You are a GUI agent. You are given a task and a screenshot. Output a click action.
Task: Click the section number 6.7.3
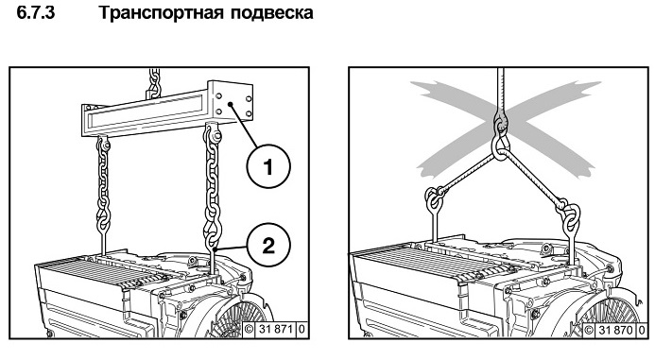[36, 13]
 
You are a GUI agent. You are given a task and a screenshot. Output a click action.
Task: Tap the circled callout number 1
[268, 167]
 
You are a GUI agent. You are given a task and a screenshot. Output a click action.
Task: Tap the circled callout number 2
[268, 245]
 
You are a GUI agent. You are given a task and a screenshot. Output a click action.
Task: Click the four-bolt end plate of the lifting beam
[231, 102]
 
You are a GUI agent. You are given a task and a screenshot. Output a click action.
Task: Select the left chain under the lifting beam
[103, 183]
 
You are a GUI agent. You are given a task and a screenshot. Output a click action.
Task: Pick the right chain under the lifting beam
[213, 183]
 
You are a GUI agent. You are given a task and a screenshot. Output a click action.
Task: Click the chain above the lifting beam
[155, 83]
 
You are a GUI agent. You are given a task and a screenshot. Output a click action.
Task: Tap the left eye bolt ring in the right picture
[434, 199]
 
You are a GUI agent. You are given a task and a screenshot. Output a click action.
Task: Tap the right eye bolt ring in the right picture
[571, 216]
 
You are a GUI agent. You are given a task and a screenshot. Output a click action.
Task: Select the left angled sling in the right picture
[468, 174]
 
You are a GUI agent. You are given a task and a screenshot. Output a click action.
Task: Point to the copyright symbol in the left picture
[250, 329]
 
